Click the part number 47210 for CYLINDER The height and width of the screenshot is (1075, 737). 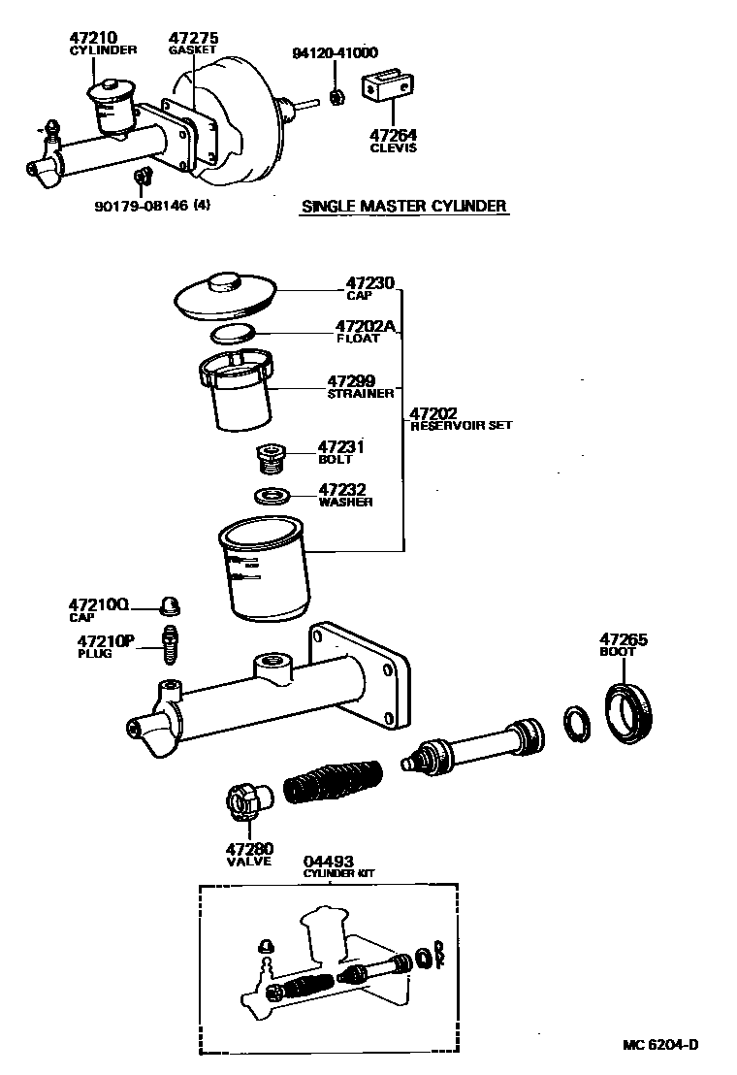point(93,39)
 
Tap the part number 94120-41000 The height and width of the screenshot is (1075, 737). point(336,52)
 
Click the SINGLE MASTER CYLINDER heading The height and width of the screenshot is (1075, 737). point(404,206)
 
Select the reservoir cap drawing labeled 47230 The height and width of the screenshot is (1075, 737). point(225,295)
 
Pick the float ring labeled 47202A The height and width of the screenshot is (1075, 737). point(233,335)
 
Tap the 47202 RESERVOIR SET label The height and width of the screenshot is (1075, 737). point(433,413)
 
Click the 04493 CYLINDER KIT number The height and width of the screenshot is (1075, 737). point(328,861)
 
